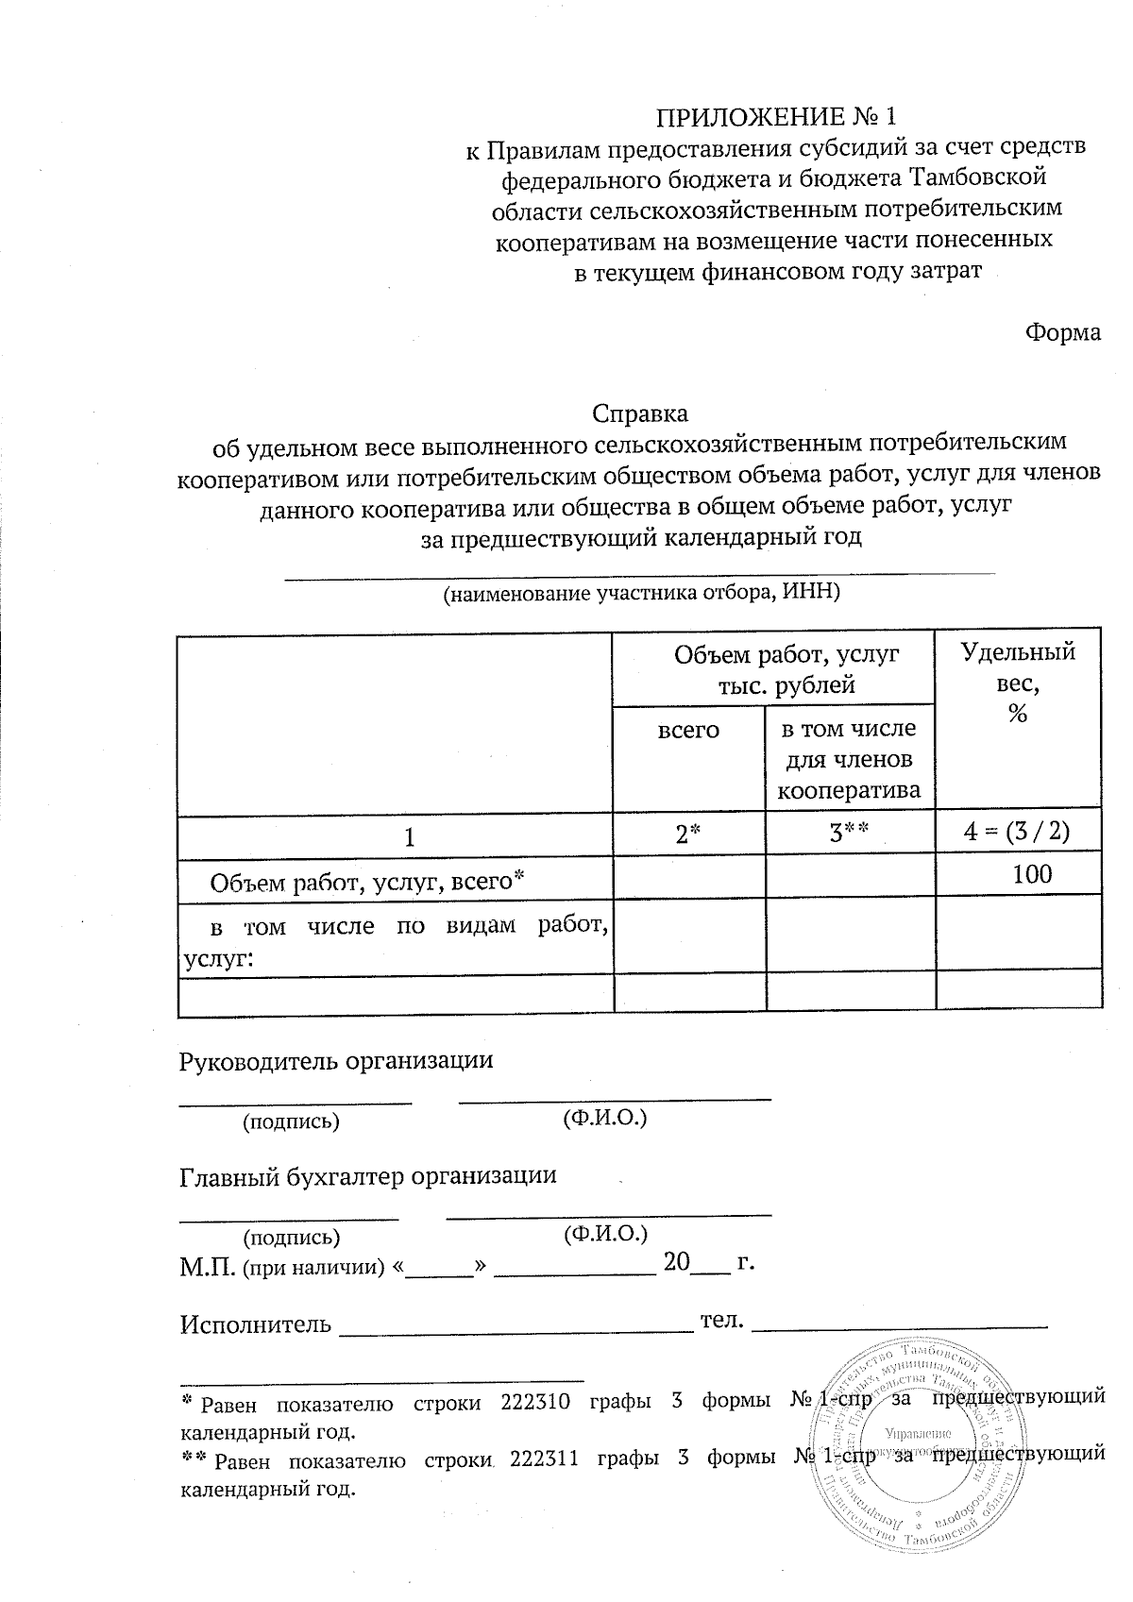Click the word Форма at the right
(x=1063, y=333)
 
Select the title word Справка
(x=639, y=413)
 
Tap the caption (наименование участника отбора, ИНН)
(x=642, y=594)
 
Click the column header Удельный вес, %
(x=1018, y=682)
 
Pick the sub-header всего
(x=688, y=730)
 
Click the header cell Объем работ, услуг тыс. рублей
(x=772, y=668)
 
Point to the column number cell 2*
(x=688, y=834)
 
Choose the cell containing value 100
(x=1032, y=874)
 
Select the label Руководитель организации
(x=336, y=1060)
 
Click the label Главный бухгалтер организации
(x=368, y=1176)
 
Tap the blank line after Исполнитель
(x=516, y=1324)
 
